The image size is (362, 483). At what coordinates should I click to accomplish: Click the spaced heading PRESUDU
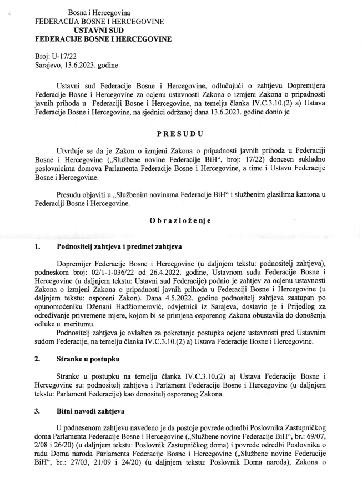180,134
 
